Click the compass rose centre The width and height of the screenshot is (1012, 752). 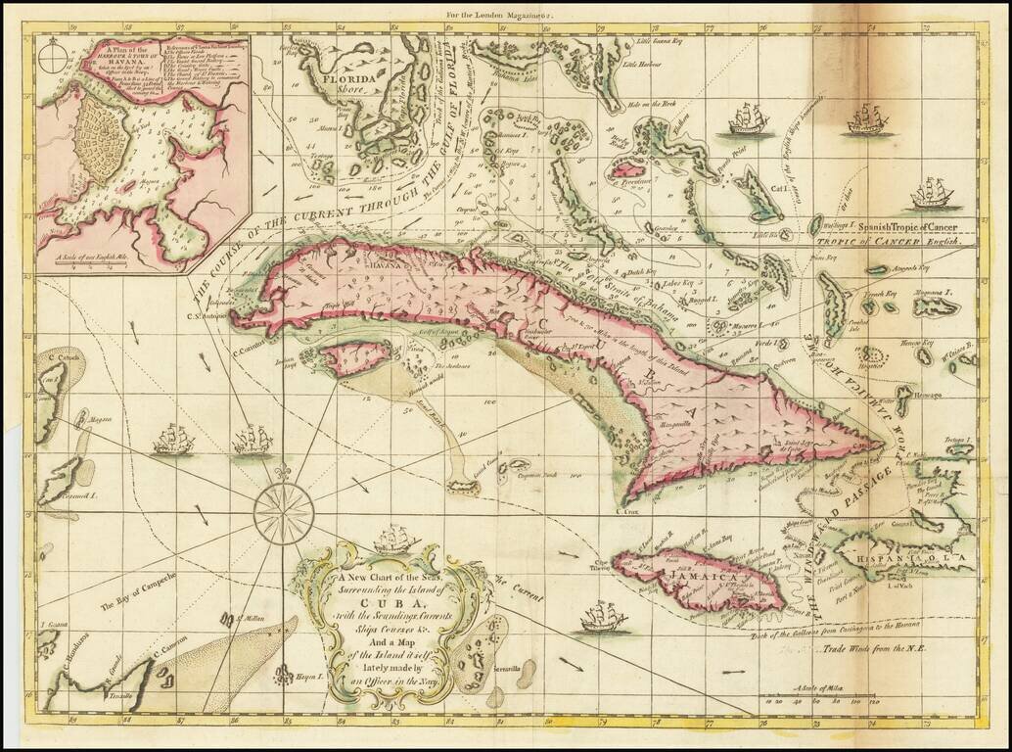(284, 512)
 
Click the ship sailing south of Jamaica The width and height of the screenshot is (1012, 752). (603, 617)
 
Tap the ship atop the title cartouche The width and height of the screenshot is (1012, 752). (395, 538)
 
